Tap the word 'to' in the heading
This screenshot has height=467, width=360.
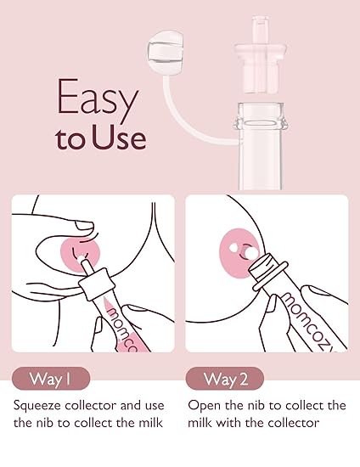(72, 138)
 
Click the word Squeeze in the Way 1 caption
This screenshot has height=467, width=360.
(40, 405)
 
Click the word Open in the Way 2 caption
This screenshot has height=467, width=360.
(204, 405)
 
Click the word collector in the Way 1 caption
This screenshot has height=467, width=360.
(98, 405)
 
